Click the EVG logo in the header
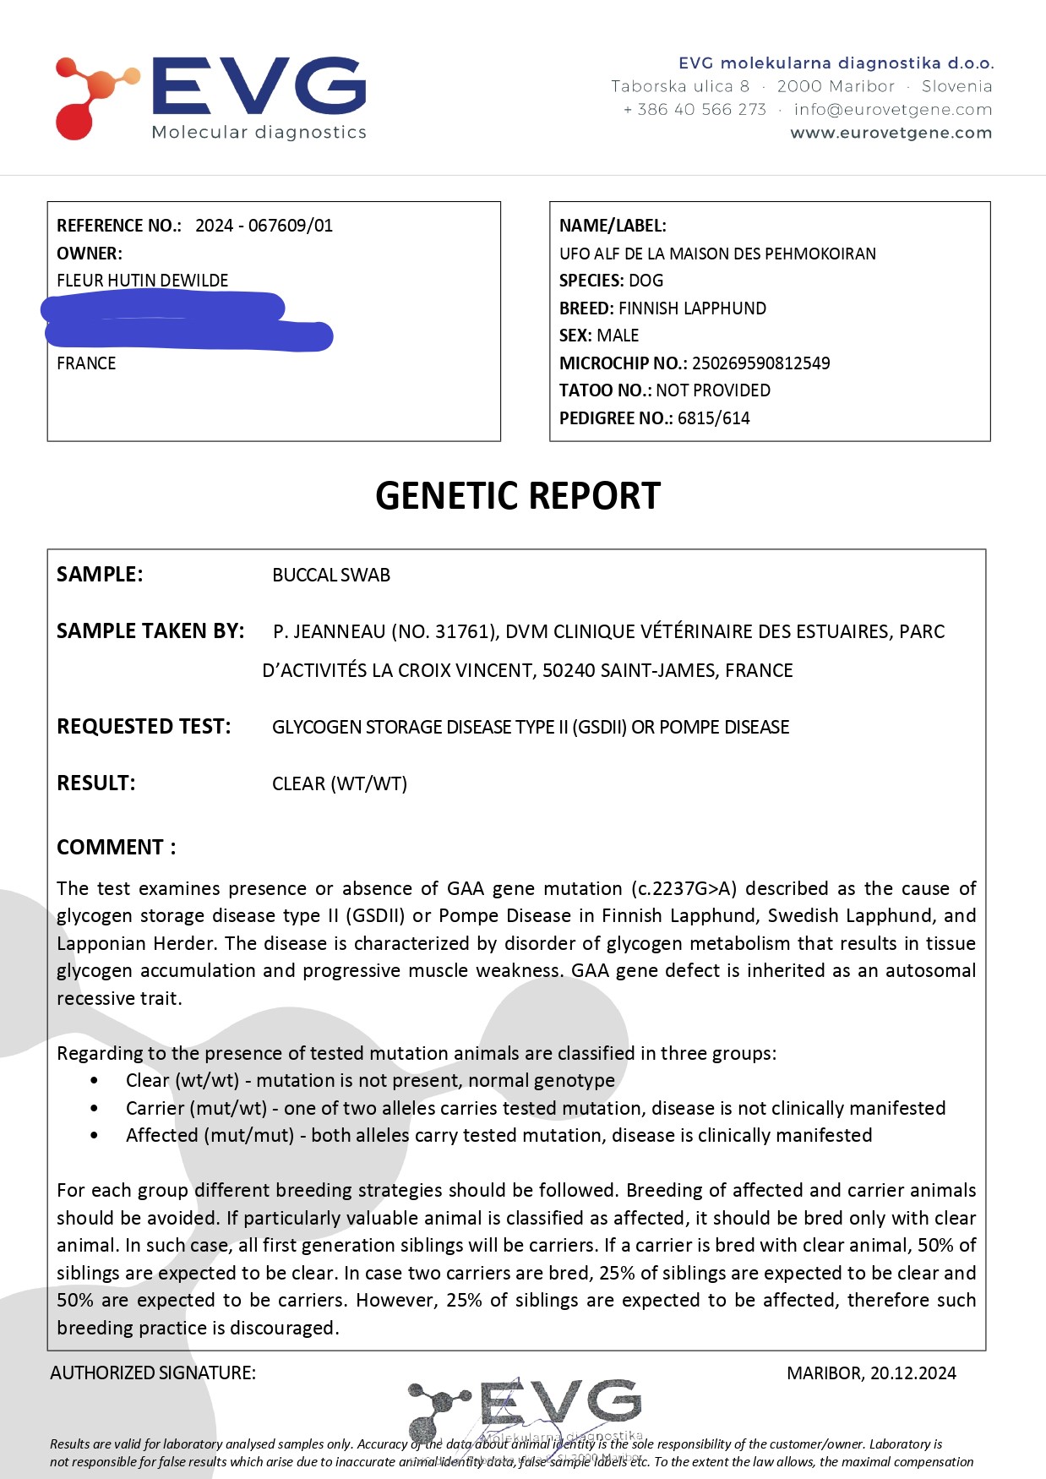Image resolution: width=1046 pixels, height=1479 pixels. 211,97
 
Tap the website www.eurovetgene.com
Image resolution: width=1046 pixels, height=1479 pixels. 891,133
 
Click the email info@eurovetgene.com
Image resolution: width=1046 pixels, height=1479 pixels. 893,109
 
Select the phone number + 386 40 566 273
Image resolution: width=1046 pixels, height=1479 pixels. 695,109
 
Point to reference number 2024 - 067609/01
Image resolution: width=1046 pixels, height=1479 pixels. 264,226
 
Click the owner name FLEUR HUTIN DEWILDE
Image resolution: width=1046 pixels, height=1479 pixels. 142,281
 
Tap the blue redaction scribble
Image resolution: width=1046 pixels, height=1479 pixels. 186,321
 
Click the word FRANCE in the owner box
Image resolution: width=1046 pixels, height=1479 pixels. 86,363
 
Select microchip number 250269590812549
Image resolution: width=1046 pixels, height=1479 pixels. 760,363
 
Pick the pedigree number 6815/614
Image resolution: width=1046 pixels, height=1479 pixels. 713,418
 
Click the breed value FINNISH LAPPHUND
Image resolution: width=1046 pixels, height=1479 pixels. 692,308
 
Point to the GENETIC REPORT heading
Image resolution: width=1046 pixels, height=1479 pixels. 517,496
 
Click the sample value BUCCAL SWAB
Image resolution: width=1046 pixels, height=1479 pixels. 331,576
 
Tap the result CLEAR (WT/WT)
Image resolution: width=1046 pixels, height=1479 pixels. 340,783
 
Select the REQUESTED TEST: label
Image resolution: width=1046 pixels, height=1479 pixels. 144,727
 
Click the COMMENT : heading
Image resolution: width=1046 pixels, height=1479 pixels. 117,848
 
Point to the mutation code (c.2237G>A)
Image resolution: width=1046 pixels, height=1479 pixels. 684,889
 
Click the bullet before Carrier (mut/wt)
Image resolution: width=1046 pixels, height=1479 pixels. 94,1108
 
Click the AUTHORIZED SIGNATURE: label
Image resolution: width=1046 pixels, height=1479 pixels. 153,1373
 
